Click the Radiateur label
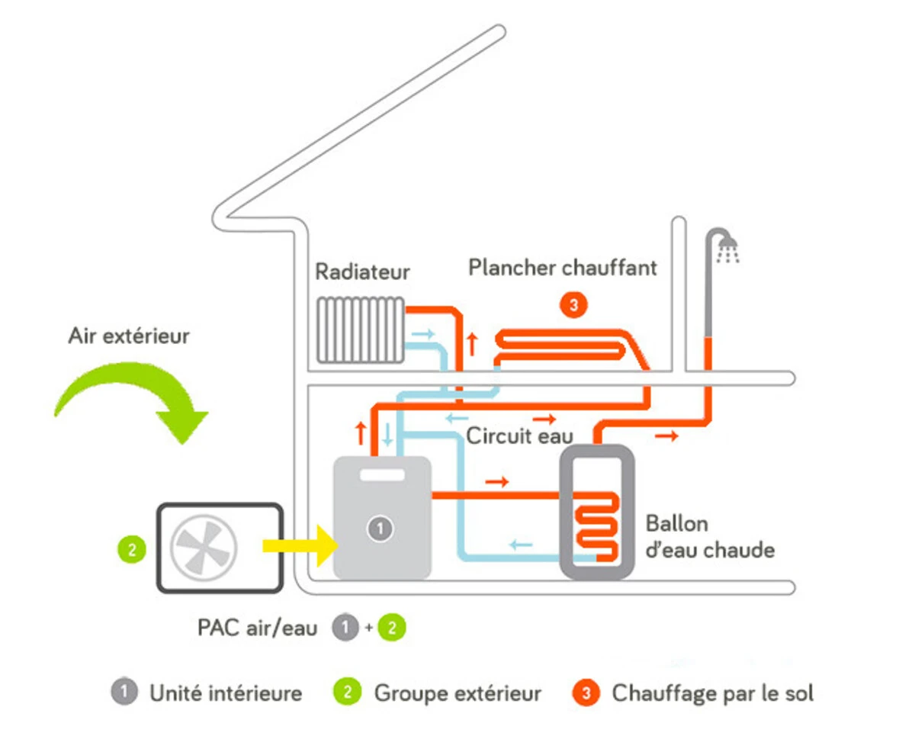[362, 272]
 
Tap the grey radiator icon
[361, 330]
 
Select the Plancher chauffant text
[562, 268]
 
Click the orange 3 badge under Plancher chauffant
[573, 305]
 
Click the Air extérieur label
[129, 336]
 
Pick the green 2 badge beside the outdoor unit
[132, 550]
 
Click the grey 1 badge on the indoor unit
[379, 528]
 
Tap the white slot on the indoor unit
[382, 475]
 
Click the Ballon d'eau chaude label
[709, 537]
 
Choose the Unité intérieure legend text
[226, 693]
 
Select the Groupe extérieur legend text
[457, 693]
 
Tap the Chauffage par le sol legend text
[713, 693]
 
